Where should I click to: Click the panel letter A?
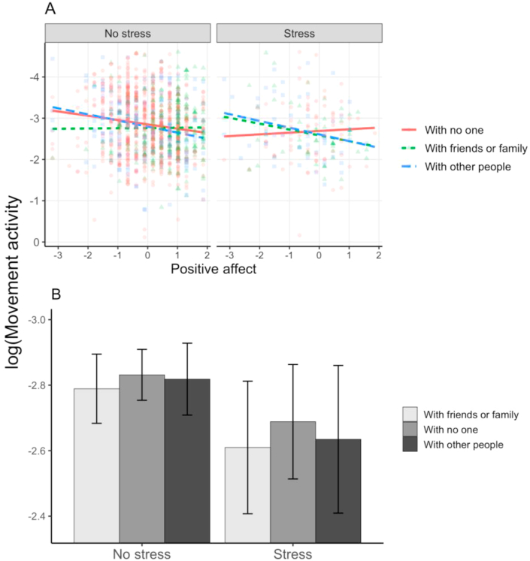50,8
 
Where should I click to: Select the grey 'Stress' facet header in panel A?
299,34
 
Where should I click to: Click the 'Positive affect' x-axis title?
214,269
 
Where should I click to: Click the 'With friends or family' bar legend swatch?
410,414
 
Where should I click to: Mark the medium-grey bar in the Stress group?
292,481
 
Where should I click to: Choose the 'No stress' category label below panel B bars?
141,554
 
